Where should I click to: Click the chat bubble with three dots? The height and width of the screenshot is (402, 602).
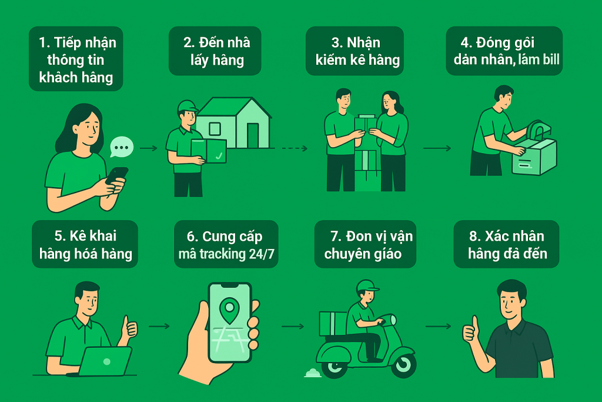[x=122, y=147]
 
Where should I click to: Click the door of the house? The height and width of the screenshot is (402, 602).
[x=253, y=135]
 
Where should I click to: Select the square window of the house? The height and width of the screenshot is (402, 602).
[x=215, y=129]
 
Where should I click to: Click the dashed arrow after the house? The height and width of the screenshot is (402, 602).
[x=295, y=148]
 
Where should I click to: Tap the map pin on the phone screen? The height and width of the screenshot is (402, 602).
[x=230, y=310]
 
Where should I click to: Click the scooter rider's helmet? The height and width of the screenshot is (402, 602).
[x=367, y=286]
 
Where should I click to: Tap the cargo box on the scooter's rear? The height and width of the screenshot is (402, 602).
[x=333, y=323]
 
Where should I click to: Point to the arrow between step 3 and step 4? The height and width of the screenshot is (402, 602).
[x=437, y=148]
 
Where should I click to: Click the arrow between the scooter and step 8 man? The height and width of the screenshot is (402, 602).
[x=439, y=326]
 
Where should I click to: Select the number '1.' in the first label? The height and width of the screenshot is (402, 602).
[x=45, y=42]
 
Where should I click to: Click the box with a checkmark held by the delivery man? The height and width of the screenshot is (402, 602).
[x=209, y=151]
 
